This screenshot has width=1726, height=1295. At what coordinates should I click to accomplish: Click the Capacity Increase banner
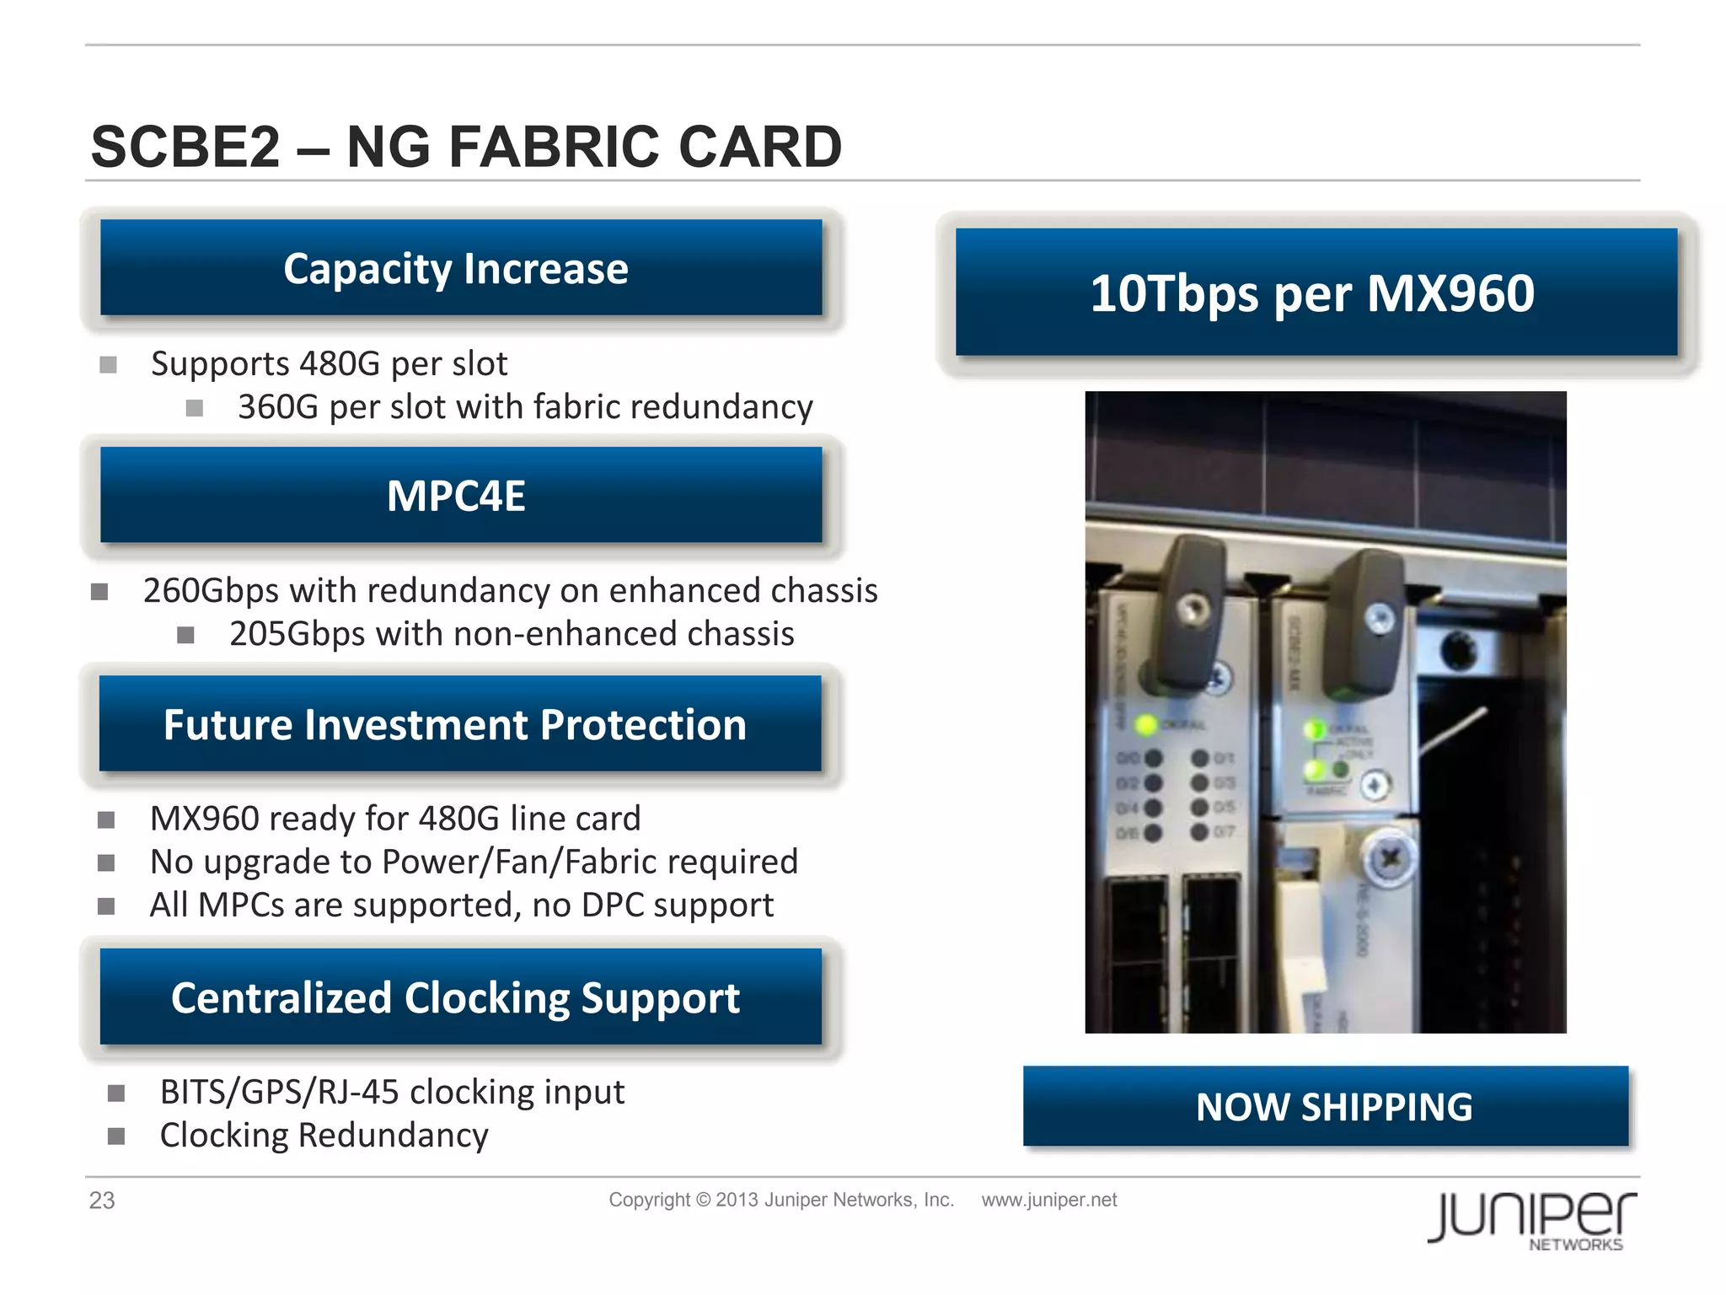pyautogui.click(x=460, y=268)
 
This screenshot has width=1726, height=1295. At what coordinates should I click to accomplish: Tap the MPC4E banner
pyautogui.click(x=460, y=495)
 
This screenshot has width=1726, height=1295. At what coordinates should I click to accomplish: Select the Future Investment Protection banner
pyautogui.click(x=460, y=724)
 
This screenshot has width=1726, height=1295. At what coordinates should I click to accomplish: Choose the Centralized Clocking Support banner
pyautogui.click(x=460, y=997)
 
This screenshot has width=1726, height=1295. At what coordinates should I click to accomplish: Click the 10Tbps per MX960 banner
pyautogui.click(x=1315, y=293)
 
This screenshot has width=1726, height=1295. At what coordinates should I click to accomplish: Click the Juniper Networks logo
pyautogui.click(x=1531, y=1219)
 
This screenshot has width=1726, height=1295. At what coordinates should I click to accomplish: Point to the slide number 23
pyautogui.click(x=102, y=1201)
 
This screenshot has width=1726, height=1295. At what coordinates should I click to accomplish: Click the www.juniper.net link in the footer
pyautogui.click(x=1048, y=1200)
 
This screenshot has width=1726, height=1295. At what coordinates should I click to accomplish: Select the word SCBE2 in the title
pyautogui.click(x=185, y=147)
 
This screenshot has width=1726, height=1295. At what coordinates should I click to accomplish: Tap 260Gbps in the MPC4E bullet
pyautogui.click(x=211, y=591)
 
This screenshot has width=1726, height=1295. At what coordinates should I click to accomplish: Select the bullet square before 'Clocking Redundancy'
pyautogui.click(x=116, y=1136)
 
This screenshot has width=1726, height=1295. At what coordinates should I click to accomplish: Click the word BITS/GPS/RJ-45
pyautogui.click(x=279, y=1093)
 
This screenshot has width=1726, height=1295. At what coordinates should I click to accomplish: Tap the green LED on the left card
pyautogui.click(x=1145, y=724)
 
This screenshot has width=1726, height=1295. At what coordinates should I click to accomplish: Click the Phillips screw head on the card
pyautogui.click(x=1388, y=860)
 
